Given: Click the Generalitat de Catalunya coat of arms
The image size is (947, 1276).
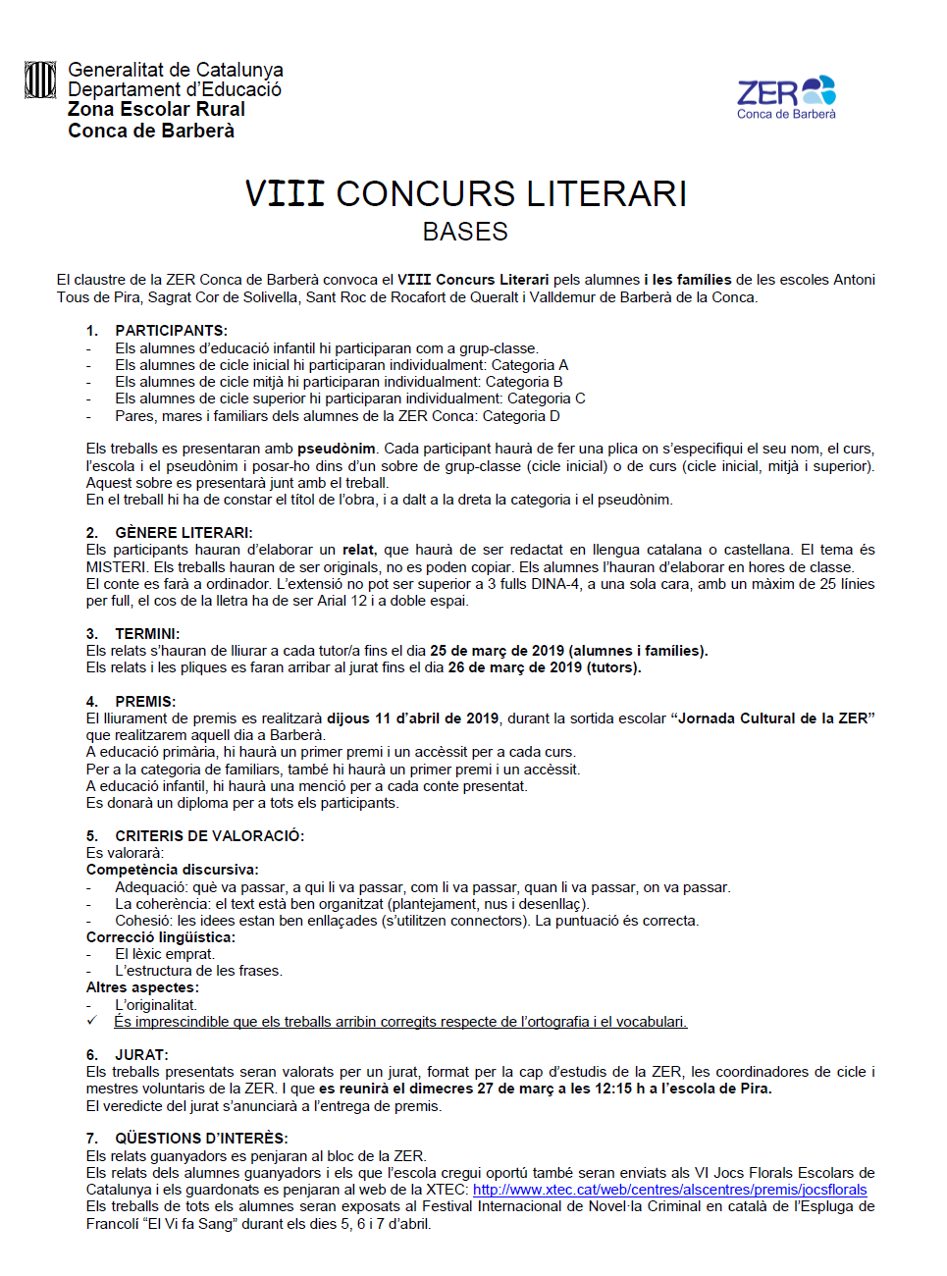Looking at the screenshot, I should [40, 80].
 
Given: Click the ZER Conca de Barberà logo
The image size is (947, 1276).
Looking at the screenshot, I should [786, 97].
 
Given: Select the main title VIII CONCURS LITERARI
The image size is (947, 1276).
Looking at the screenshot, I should [465, 193].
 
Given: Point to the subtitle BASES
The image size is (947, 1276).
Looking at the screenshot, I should [465, 232].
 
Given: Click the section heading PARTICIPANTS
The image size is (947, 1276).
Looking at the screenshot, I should [171, 331].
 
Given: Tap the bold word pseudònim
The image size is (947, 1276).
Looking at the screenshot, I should [337, 449].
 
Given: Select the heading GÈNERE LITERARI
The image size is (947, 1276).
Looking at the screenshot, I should [184, 533].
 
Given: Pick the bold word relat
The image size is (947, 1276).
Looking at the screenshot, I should [358, 550].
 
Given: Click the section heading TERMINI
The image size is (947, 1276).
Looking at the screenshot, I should [147, 634].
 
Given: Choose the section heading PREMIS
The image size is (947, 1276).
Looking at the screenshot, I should [145, 702].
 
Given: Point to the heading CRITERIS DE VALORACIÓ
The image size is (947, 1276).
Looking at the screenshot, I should [209, 836].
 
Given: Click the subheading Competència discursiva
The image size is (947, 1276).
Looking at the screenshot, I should [172, 870].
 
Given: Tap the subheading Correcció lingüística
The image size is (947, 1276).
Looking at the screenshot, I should [160, 937].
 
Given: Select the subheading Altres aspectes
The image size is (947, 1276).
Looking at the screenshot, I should [142, 987].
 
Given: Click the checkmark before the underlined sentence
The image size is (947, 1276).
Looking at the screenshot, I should [91, 1021].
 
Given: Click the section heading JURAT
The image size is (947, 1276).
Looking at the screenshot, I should [141, 1055].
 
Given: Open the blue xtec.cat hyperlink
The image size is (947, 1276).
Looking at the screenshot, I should [669, 1190].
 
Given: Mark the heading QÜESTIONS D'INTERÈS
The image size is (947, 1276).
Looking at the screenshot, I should [201, 1139].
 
